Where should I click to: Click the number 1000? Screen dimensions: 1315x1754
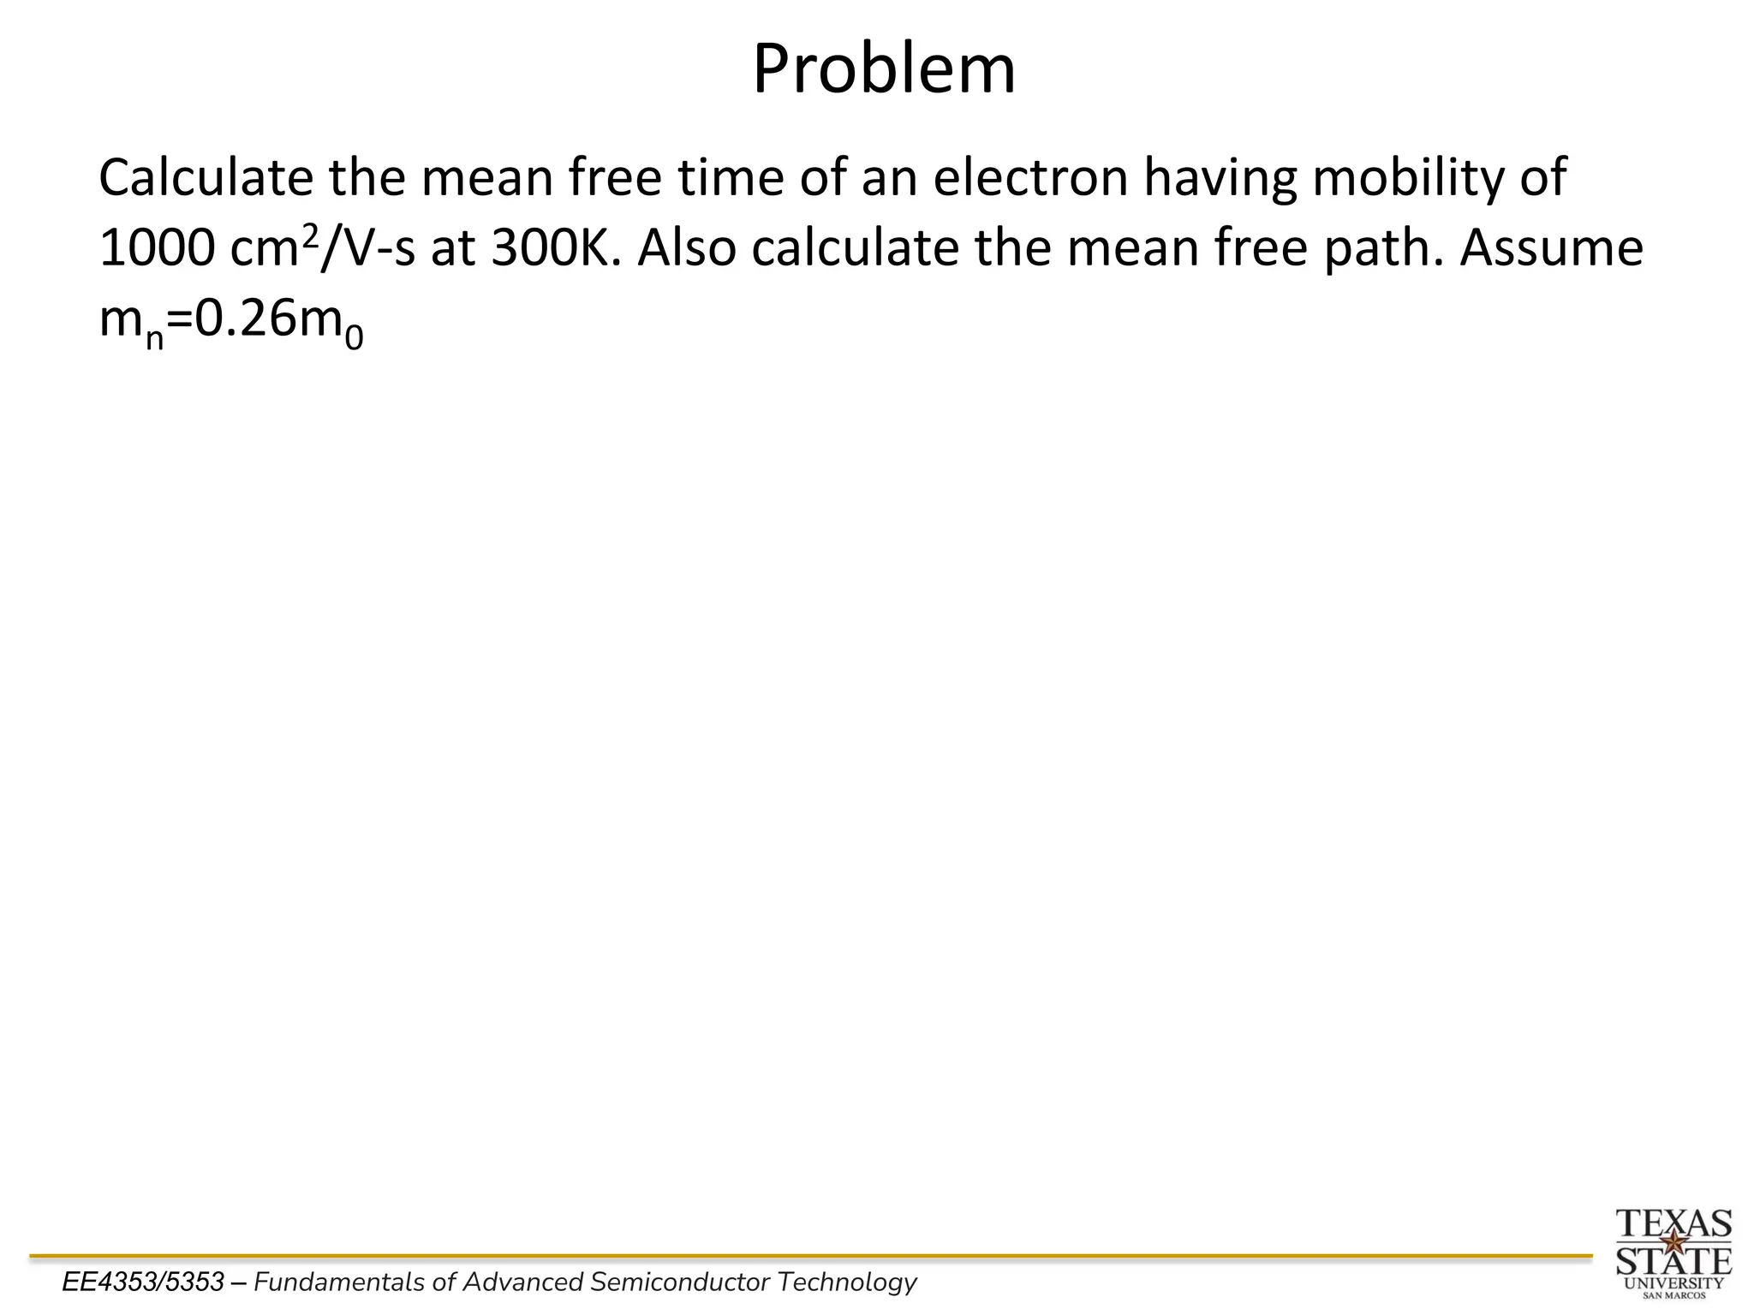[156, 248]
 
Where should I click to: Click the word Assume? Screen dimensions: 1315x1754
[1551, 248]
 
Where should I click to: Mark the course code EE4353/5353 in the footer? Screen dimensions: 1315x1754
[143, 1282]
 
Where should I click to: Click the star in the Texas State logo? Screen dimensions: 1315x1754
[1673, 1241]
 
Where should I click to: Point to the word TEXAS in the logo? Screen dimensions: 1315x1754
[1673, 1223]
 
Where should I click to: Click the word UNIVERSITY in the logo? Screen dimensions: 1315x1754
[1673, 1282]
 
